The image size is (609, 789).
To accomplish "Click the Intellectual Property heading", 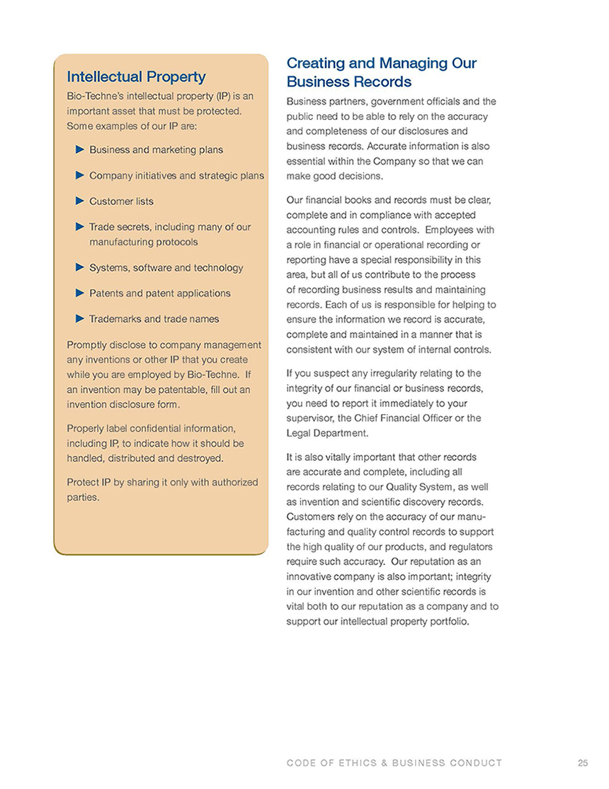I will (x=136, y=77).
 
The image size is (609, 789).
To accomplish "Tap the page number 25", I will (x=583, y=763).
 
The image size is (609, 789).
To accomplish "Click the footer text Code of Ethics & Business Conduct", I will (x=394, y=763).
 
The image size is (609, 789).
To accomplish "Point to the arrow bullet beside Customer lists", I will (x=79, y=201).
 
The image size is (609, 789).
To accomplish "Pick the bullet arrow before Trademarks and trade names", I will (x=79, y=318).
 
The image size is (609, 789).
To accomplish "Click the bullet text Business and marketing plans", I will (x=156, y=150).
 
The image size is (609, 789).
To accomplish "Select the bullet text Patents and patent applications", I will (x=159, y=293).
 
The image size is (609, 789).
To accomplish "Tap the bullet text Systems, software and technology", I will (x=166, y=267).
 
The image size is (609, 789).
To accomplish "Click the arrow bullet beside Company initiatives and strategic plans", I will (x=79, y=175).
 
